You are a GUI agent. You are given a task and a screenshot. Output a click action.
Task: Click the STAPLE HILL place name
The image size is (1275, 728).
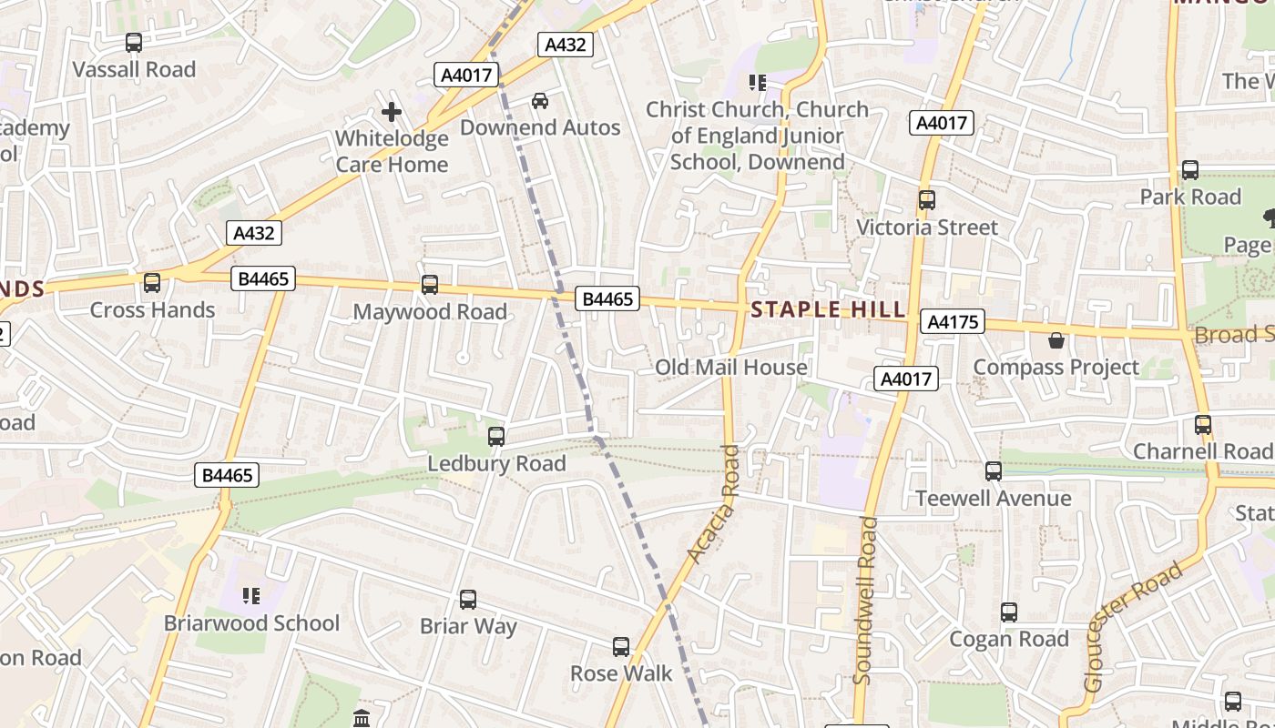(828, 310)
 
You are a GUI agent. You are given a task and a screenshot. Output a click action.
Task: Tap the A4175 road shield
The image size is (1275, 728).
(953, 321)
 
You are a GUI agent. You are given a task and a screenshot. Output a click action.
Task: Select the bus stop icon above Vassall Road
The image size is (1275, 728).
(134, 42)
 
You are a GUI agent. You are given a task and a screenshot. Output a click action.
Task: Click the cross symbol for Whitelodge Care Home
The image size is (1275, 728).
(392, 112)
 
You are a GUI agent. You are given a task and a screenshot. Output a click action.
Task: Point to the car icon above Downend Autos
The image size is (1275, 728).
(540, 100)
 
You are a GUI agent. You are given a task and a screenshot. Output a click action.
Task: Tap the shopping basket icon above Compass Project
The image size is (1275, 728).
(1056, 340)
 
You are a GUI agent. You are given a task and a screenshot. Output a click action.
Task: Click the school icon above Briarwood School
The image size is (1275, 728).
(251, 596)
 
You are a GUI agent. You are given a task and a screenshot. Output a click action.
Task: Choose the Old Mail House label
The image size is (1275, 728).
(731, 367)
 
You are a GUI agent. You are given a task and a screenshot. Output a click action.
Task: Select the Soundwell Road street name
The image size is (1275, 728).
(864, 601)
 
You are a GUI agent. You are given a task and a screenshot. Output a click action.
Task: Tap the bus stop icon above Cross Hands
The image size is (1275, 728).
(152, 283)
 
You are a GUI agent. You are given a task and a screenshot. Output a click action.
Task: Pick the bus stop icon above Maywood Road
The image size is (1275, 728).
(430, 285)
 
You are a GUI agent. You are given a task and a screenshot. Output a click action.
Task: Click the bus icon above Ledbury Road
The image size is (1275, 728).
(496, 437)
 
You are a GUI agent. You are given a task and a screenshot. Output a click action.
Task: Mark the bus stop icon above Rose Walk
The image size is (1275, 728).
(621, 647)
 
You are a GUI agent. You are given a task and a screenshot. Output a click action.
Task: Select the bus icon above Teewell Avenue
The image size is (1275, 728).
(994, 471)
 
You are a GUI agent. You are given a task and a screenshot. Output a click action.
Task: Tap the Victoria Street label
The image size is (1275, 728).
(927, 227)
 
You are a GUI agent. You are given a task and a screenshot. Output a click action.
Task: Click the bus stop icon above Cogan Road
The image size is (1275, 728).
(1009, 612)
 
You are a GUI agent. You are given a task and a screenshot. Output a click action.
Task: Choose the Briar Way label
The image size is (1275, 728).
(468, 626)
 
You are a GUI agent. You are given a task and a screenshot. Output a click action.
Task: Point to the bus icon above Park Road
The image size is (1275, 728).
(1190, 170)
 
